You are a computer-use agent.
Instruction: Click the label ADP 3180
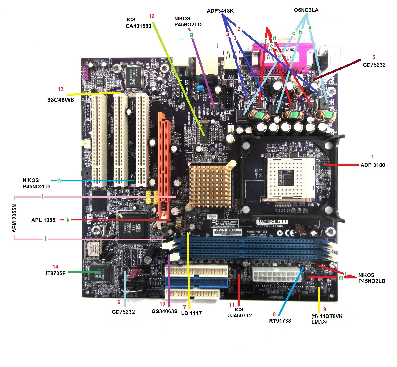373,165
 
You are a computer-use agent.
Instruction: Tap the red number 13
61,89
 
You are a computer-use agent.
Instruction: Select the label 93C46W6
60,100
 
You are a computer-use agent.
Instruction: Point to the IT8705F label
55,273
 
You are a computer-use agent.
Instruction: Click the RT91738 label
280,321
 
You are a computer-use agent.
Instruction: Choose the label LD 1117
191,313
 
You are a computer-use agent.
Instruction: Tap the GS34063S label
164,311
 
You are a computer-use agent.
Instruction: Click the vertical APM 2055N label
14,218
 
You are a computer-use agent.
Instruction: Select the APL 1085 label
43,220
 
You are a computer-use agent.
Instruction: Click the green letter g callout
191,34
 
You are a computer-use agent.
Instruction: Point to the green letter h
59,181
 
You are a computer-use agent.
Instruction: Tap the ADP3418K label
220,11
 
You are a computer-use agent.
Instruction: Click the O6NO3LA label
306,10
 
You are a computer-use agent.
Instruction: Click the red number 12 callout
152,16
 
